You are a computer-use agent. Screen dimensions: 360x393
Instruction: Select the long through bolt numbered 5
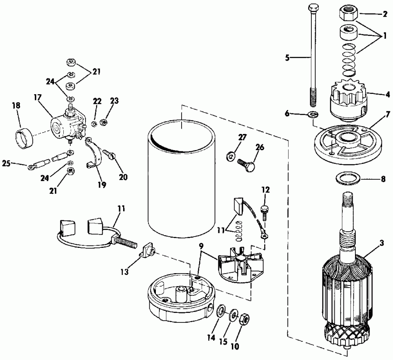click(x=314, y=57)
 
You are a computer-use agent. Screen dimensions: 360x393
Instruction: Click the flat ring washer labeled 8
click(x=348, y=179)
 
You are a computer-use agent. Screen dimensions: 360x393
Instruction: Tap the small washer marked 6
click(x=313, y=115)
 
